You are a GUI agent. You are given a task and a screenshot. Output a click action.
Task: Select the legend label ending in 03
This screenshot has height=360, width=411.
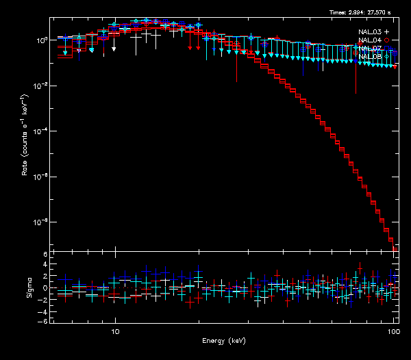(370, 32)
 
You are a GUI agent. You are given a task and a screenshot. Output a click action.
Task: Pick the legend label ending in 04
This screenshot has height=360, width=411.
(370, 40)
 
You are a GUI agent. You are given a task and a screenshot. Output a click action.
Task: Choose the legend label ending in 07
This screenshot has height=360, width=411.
(370, 49)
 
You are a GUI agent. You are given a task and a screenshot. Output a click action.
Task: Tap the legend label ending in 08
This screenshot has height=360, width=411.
(370, 57)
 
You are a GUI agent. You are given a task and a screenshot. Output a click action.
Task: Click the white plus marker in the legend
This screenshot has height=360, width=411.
(387, 32)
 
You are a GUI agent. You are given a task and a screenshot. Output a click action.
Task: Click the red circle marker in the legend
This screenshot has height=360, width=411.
(387, 40)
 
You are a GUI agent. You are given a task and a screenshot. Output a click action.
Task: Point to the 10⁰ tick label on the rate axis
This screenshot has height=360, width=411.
(41, 40)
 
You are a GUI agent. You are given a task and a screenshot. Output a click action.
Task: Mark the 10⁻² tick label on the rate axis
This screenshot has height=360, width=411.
(41, 86)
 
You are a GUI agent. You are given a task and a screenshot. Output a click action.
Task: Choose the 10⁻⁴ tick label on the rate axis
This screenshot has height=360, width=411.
(41, 131)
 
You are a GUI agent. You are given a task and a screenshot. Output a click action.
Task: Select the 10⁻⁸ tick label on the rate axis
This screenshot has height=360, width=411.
(41, 222)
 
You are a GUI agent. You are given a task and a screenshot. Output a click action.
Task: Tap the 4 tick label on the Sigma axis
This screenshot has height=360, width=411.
(45, 266)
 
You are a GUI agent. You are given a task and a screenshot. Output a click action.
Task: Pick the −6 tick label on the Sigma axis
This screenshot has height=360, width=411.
(43, 321)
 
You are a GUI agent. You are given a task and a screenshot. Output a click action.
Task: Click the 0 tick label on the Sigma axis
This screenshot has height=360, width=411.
(45, 288)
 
